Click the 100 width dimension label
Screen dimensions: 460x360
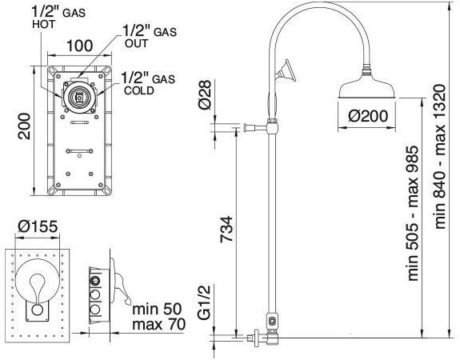80,46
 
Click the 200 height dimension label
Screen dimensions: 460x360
24,126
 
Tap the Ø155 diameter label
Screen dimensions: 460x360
38,226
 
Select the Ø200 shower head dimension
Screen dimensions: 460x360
368,116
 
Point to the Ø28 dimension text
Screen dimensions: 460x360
205,94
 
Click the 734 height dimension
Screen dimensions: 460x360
226,230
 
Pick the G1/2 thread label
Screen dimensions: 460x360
205,302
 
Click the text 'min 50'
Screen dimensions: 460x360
157,309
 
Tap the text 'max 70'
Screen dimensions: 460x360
158,324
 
